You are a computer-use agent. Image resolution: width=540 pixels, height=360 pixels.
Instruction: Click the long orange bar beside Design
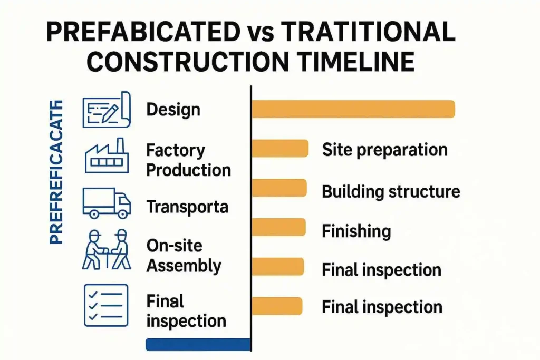[x=353, y=109]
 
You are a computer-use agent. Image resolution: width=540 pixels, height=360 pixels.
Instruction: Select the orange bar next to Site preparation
[x=280, y=149]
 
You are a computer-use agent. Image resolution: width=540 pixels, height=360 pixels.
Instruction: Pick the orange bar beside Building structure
[x=279, y=188]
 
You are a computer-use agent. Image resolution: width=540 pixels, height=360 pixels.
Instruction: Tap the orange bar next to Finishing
[x=279, y=227]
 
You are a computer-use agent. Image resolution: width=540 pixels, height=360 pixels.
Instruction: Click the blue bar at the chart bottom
[x=198, y=344]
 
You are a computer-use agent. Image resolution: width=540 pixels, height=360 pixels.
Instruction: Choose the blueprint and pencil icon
[x=106, y=110]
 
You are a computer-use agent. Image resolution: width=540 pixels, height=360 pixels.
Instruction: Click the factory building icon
[x=107, y=155]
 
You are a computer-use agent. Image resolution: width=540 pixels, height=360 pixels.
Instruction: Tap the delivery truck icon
[x=107, y=203]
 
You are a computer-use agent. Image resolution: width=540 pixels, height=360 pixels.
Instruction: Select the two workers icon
[x=106, y=249]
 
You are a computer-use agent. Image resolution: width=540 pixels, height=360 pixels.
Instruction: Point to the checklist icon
[x=106, y=305]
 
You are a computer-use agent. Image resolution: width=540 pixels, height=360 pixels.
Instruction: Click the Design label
[x=173, y=110]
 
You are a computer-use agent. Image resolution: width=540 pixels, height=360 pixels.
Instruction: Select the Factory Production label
[x=188, y=160]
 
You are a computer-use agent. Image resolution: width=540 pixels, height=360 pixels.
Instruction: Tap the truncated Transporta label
[x=187, y=207]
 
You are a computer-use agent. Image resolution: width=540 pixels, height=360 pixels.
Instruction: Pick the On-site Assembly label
[x=184, y=256]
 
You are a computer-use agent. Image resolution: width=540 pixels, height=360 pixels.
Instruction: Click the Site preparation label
[x=384, y=150]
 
